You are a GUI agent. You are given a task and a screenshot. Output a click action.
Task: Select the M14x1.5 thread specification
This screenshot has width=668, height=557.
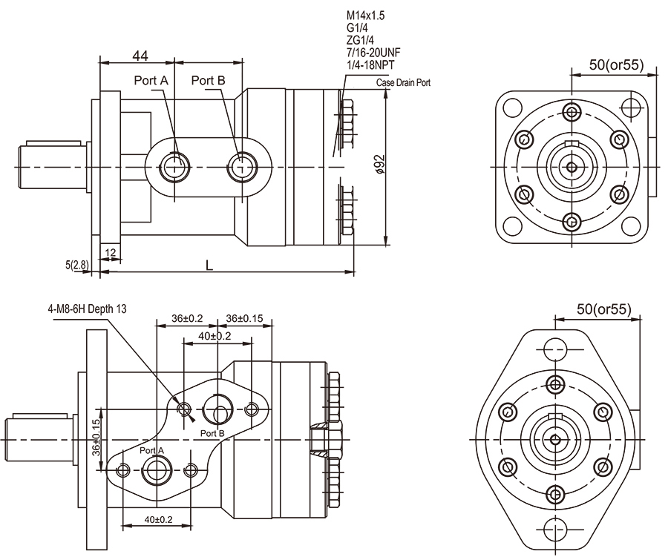point(365,15)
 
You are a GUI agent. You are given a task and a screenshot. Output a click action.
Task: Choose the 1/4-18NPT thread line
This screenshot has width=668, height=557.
point(370,66)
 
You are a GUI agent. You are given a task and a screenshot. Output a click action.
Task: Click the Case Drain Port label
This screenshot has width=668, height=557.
point(403,83)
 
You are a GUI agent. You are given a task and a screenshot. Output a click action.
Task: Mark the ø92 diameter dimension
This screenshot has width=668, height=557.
point(379,164)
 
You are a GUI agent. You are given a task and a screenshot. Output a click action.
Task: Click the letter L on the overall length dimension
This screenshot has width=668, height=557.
point(209,265)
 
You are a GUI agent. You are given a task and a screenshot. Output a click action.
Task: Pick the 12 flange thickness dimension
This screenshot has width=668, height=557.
point(111,253)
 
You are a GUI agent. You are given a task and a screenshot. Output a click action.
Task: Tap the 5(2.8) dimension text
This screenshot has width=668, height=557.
point(76,264)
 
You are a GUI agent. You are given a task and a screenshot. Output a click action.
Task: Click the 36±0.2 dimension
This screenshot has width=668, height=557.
point(187,318)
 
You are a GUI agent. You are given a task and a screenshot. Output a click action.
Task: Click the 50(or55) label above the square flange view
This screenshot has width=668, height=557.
point(615,65)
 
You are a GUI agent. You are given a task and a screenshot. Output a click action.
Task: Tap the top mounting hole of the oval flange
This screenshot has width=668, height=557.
point(554,349)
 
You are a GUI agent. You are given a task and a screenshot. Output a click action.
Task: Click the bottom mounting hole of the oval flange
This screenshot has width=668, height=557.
point(554,528)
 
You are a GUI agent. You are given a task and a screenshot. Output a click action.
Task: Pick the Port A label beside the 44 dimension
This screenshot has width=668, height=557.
point(151,80)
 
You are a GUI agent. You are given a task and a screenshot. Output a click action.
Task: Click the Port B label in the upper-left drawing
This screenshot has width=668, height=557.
point(208,80)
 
